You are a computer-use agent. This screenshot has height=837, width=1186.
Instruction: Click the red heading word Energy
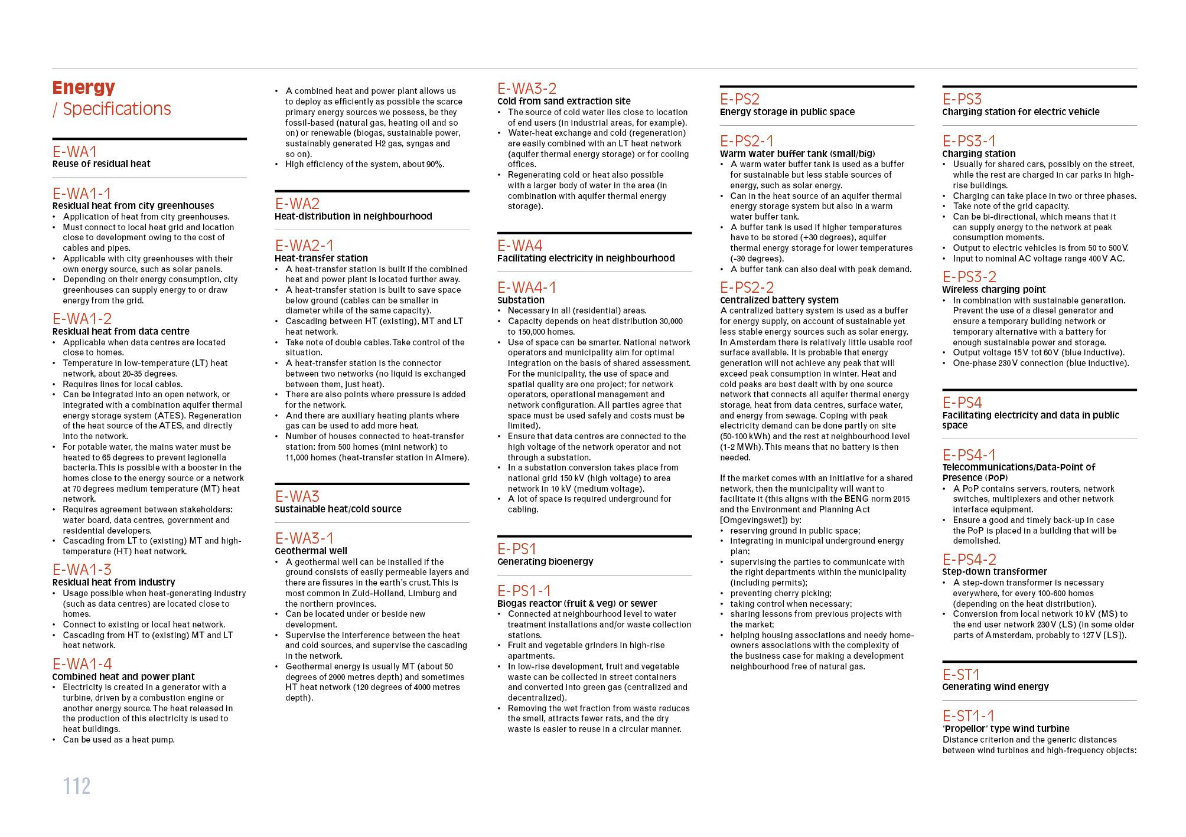pos(83,87)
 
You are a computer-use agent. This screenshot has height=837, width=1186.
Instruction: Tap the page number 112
pos(77,786)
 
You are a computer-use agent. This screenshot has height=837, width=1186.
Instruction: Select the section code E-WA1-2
pos(82,319)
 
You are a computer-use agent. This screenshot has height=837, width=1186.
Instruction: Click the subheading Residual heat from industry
pos(113,582)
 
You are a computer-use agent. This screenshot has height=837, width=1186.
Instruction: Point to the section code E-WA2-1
pos(304,245)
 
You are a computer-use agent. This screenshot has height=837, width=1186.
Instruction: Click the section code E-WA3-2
pos(527,89)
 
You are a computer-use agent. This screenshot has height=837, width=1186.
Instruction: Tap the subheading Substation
pos(521,300)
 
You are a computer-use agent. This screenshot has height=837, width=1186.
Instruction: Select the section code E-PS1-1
pos(524,590)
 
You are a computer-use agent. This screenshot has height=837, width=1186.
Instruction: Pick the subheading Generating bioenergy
pos(545,561)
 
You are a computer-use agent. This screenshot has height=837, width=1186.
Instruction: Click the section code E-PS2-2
pos(747,287)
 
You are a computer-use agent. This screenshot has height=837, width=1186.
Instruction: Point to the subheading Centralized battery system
pos(779,300)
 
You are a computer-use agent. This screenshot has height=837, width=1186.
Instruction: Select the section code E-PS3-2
pos(969,277)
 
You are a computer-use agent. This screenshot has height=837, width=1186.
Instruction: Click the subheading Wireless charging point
pos(993,289)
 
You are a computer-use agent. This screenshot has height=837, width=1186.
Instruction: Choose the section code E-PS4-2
pos(969,559)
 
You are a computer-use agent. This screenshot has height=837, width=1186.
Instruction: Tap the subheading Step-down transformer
pos(995,571)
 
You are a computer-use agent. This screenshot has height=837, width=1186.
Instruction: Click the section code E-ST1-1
pos(969,716)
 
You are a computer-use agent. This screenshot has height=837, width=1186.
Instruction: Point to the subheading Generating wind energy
pos(995,686)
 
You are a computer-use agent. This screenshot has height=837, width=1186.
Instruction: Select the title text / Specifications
pos(112,109)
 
